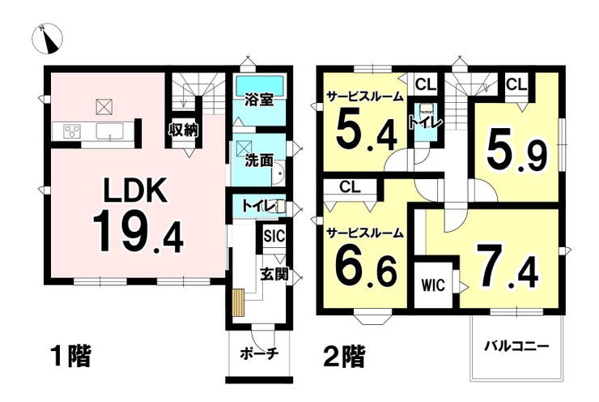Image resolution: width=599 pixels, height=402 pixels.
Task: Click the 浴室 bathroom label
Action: [x=259, y=100]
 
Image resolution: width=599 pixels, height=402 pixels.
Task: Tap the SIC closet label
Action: [x=273, y=237]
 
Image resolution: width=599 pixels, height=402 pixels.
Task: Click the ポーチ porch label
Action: [x=259, y=353]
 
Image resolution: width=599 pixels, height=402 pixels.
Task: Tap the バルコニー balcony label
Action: [x=516, y=346]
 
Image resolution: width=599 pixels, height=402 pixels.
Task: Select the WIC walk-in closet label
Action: [x=434, y=284]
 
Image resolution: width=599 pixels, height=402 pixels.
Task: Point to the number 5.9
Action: [x=517, y=150]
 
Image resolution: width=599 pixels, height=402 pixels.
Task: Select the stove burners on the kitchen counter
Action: [x=70, y=130]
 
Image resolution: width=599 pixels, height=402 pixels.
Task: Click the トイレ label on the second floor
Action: [x=424, y=124]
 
